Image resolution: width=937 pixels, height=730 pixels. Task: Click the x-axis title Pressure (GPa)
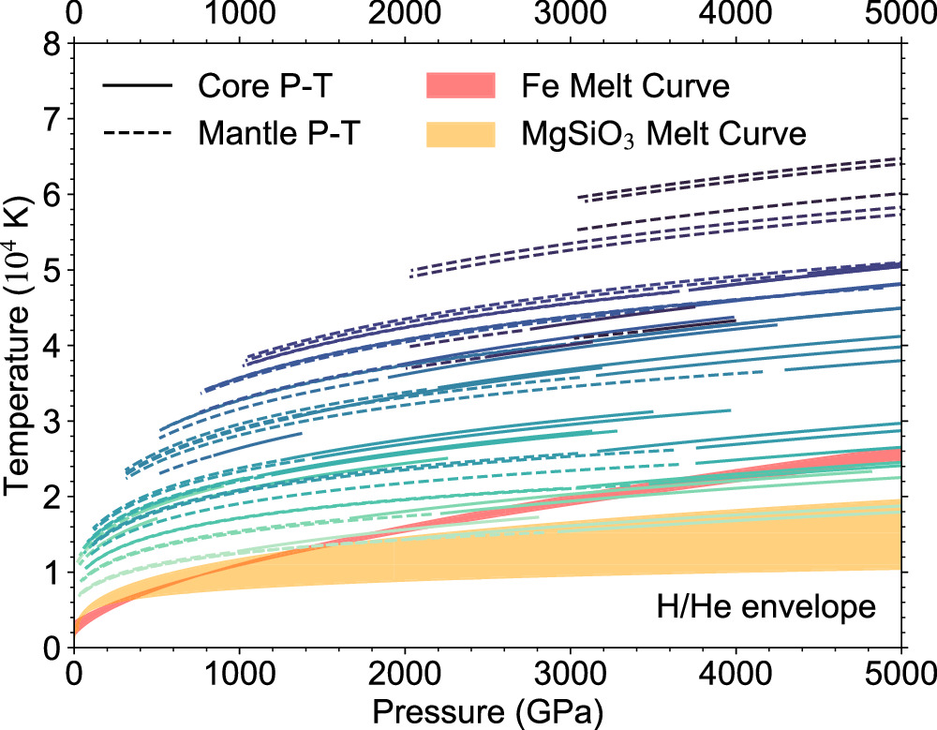pyautogui.click(x=486, y=709)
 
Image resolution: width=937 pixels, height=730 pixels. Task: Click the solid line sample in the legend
pyautogui.click(x=137, y=87)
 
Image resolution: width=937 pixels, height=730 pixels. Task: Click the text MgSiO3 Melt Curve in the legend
pyautogui.click(x=663, y=134)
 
